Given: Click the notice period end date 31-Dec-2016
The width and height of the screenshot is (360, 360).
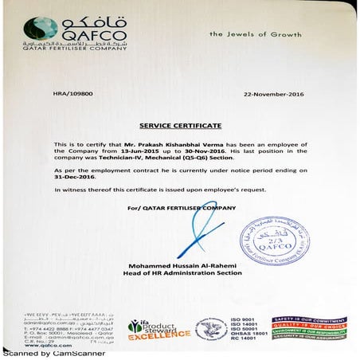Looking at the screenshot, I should coord(69,177).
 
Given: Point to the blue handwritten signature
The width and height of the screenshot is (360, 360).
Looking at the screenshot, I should coord(190,235).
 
